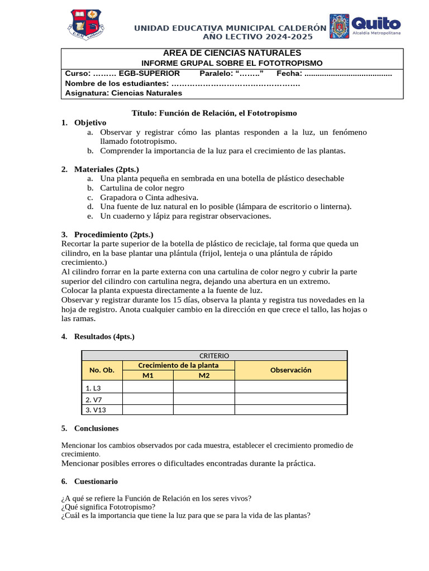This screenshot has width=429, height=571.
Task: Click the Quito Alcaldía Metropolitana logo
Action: point(365,26)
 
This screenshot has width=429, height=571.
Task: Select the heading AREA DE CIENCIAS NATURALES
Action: point(232,53)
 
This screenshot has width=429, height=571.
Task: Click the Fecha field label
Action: point(289,73)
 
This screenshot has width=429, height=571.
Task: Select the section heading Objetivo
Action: point(90,122)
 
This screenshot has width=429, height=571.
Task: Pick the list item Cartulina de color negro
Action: point(142,187)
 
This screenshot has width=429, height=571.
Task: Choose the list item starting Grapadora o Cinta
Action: point(149,197)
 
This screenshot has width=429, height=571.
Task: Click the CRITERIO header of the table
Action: point(214,355)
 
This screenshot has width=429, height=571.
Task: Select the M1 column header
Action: point(147,375)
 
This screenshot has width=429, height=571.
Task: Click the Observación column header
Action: point(290,370)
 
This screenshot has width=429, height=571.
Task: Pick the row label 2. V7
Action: point(94,399)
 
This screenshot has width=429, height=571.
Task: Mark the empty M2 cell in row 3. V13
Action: point(203,410)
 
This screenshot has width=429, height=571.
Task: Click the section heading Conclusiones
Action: point(96,428)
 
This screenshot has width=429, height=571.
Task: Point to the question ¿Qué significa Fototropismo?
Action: point(108,507)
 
